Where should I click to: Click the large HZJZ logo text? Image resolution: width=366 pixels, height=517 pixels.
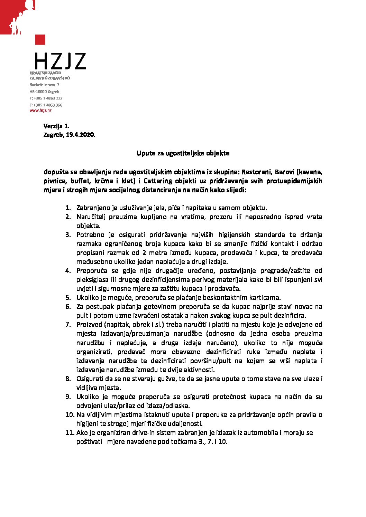[60, 61]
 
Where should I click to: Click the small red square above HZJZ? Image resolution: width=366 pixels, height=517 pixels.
[40, 39]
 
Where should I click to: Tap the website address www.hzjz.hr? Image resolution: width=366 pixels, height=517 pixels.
[40, 111]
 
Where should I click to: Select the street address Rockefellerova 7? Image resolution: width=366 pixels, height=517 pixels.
[44, 85]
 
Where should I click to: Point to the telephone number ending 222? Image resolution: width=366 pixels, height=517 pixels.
[46, 98]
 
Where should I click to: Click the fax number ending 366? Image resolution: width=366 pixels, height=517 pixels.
[46, 105]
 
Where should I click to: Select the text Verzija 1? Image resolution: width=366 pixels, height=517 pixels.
[56, 126]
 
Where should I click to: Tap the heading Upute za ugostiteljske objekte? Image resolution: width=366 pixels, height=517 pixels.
[183, 153]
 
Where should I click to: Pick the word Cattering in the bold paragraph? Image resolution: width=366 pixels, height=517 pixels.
[157, 181]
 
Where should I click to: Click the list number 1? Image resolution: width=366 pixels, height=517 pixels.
[68, 208]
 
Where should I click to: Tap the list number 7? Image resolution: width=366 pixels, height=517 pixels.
[68, 325]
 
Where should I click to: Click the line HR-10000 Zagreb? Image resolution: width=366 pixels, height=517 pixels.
[44, 92]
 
